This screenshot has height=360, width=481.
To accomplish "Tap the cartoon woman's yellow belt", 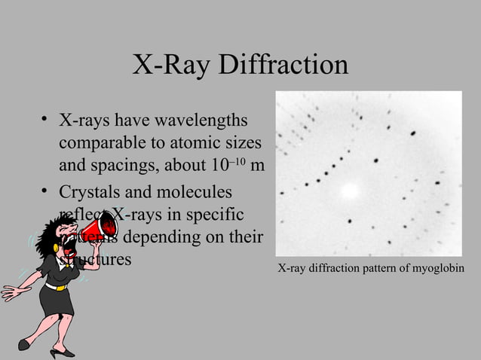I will coord(57,285).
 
